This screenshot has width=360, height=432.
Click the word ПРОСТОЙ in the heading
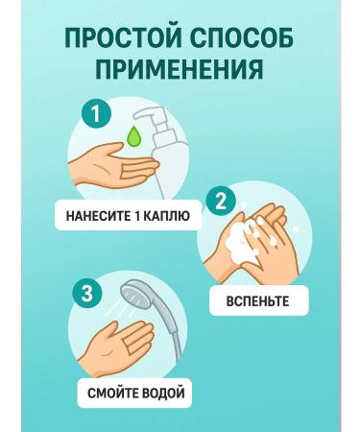point(124,37)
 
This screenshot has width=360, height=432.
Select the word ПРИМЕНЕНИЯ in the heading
point(180,69)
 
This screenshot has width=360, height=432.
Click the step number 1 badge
point(96,114)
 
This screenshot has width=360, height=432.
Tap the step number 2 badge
point(221,201)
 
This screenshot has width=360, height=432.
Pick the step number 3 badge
point(87,294)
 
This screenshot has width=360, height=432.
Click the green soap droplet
point(134,138)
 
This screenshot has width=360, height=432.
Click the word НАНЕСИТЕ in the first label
point(96,216)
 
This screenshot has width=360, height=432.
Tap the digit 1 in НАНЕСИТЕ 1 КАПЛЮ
point(134,216)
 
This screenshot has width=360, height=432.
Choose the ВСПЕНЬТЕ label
point(257,301)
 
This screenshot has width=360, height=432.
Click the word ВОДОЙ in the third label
point(163,393)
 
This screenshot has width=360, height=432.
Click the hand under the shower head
point(122,344)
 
